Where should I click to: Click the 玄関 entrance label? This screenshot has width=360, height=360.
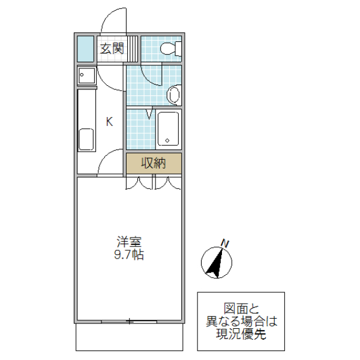coord(112,49)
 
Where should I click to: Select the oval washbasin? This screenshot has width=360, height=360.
coord(174,95)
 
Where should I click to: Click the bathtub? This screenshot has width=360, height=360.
coord(169,129)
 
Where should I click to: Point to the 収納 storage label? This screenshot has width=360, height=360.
coord(153,163)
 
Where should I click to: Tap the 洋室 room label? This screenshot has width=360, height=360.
coord(129,242)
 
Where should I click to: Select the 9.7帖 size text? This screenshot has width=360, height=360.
coord(129,254)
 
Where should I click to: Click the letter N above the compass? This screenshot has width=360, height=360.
coord(226,243)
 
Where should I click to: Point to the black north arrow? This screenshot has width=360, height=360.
coord(214,263)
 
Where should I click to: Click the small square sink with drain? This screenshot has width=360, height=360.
coord(86,76)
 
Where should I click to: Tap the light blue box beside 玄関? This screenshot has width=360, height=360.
coord(86,49)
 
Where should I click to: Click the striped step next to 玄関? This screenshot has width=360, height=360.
coord(133,49)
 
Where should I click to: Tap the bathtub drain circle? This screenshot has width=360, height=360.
coord(168,142)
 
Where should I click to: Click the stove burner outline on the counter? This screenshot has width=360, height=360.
coord(86,140)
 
